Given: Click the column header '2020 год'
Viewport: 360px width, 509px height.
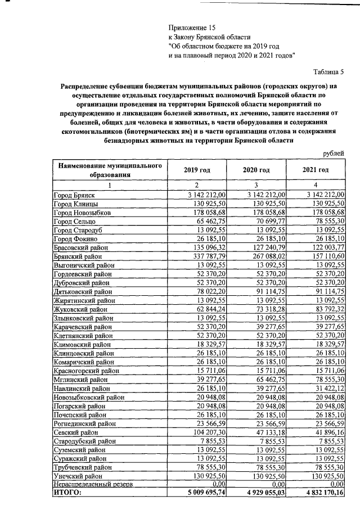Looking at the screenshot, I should point(256,170).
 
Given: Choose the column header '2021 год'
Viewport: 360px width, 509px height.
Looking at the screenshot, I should point(315,170).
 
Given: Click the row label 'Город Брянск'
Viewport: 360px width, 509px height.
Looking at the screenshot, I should point(73,195).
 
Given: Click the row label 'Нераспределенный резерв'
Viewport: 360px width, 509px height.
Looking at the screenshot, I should point(93,484).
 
